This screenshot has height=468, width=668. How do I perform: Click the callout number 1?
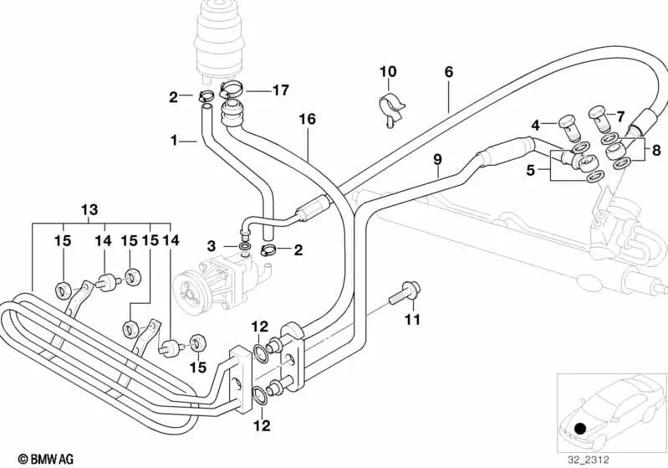click(x=175, y=141)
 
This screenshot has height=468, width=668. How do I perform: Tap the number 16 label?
click(x=307, y=120)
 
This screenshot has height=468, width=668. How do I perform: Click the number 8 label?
click(x=656, y=151)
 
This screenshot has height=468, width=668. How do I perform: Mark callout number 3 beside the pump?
click(x=212, y=245)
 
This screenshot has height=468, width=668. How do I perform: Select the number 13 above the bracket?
click(x=89, y=208)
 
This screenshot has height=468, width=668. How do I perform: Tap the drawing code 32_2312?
click(x=635, y=459)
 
